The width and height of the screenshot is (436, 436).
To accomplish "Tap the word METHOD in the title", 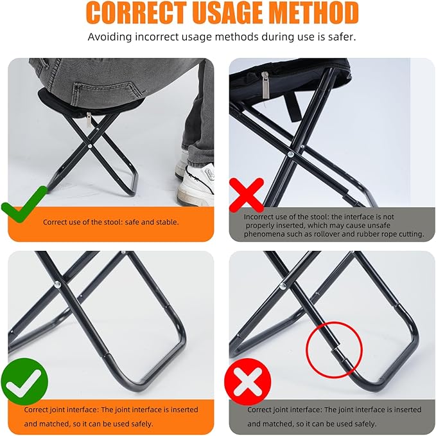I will point(317,14).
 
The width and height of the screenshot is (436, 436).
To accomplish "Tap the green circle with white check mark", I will point(24,381).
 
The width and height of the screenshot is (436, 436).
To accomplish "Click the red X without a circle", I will point(247,194).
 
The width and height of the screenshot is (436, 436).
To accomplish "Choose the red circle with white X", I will point(247,381).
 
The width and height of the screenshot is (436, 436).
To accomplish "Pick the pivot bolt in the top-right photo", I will point(290,154).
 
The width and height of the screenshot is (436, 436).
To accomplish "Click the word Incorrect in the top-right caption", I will point(261,217).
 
